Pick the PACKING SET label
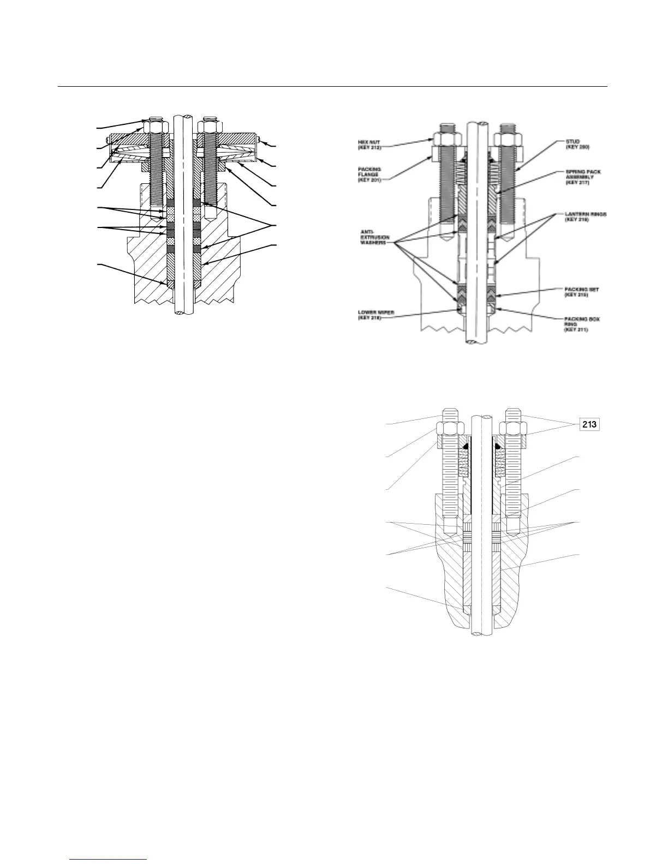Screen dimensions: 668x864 [582, 291]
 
